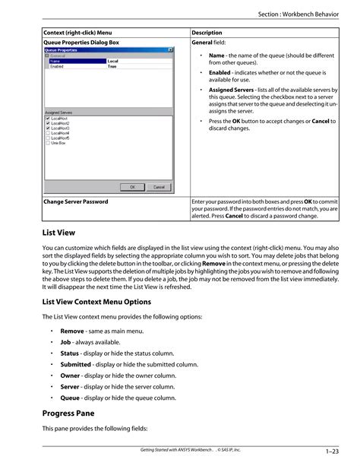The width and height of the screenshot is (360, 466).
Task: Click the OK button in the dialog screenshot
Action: click(x=132, y=187)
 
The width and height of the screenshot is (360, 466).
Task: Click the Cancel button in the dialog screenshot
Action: click(x=159, y=187)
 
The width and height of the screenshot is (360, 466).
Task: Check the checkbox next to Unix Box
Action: click(x=48, y=143)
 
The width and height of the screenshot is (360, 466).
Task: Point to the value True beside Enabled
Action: click(x=112, y=66)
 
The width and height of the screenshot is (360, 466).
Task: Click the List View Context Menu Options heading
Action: click(x=102, y=301)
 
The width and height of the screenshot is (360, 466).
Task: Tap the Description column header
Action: click(x=207, y=33)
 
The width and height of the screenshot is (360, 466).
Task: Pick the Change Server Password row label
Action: click(x=76, y=201)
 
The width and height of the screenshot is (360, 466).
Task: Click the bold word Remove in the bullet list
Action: click(x=72, y=331)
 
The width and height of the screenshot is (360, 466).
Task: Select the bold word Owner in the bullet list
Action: click(x=71, y=375)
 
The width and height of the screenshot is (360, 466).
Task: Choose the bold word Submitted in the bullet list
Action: click(x=76, y=364)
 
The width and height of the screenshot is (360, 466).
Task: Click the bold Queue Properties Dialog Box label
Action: click(x=82, y=43)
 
